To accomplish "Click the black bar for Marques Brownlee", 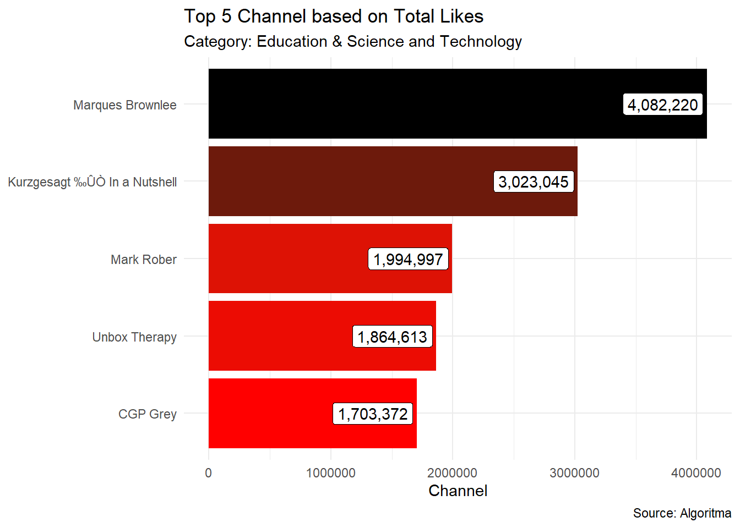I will point(413,104).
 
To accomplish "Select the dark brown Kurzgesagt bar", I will point(347,182).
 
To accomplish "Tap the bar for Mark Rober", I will point(286,258).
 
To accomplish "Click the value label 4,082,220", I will point(662,105).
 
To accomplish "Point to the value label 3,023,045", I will point(534,182).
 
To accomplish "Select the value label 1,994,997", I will point(408,259).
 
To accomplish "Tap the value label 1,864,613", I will point(392,337).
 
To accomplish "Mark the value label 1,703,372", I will point(373,414).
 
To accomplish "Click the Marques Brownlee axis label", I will point(125,105).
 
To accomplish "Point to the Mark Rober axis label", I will point(144,260).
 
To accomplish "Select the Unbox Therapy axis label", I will point(134,337).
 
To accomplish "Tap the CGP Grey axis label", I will point(148,414).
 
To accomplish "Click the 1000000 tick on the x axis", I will point(330,473).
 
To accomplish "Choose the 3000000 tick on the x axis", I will point(574,473).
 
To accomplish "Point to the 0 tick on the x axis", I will point(208,473).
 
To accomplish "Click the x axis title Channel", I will point(458,491).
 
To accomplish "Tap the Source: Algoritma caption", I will point(682,513).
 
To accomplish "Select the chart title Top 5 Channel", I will point(334,16).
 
